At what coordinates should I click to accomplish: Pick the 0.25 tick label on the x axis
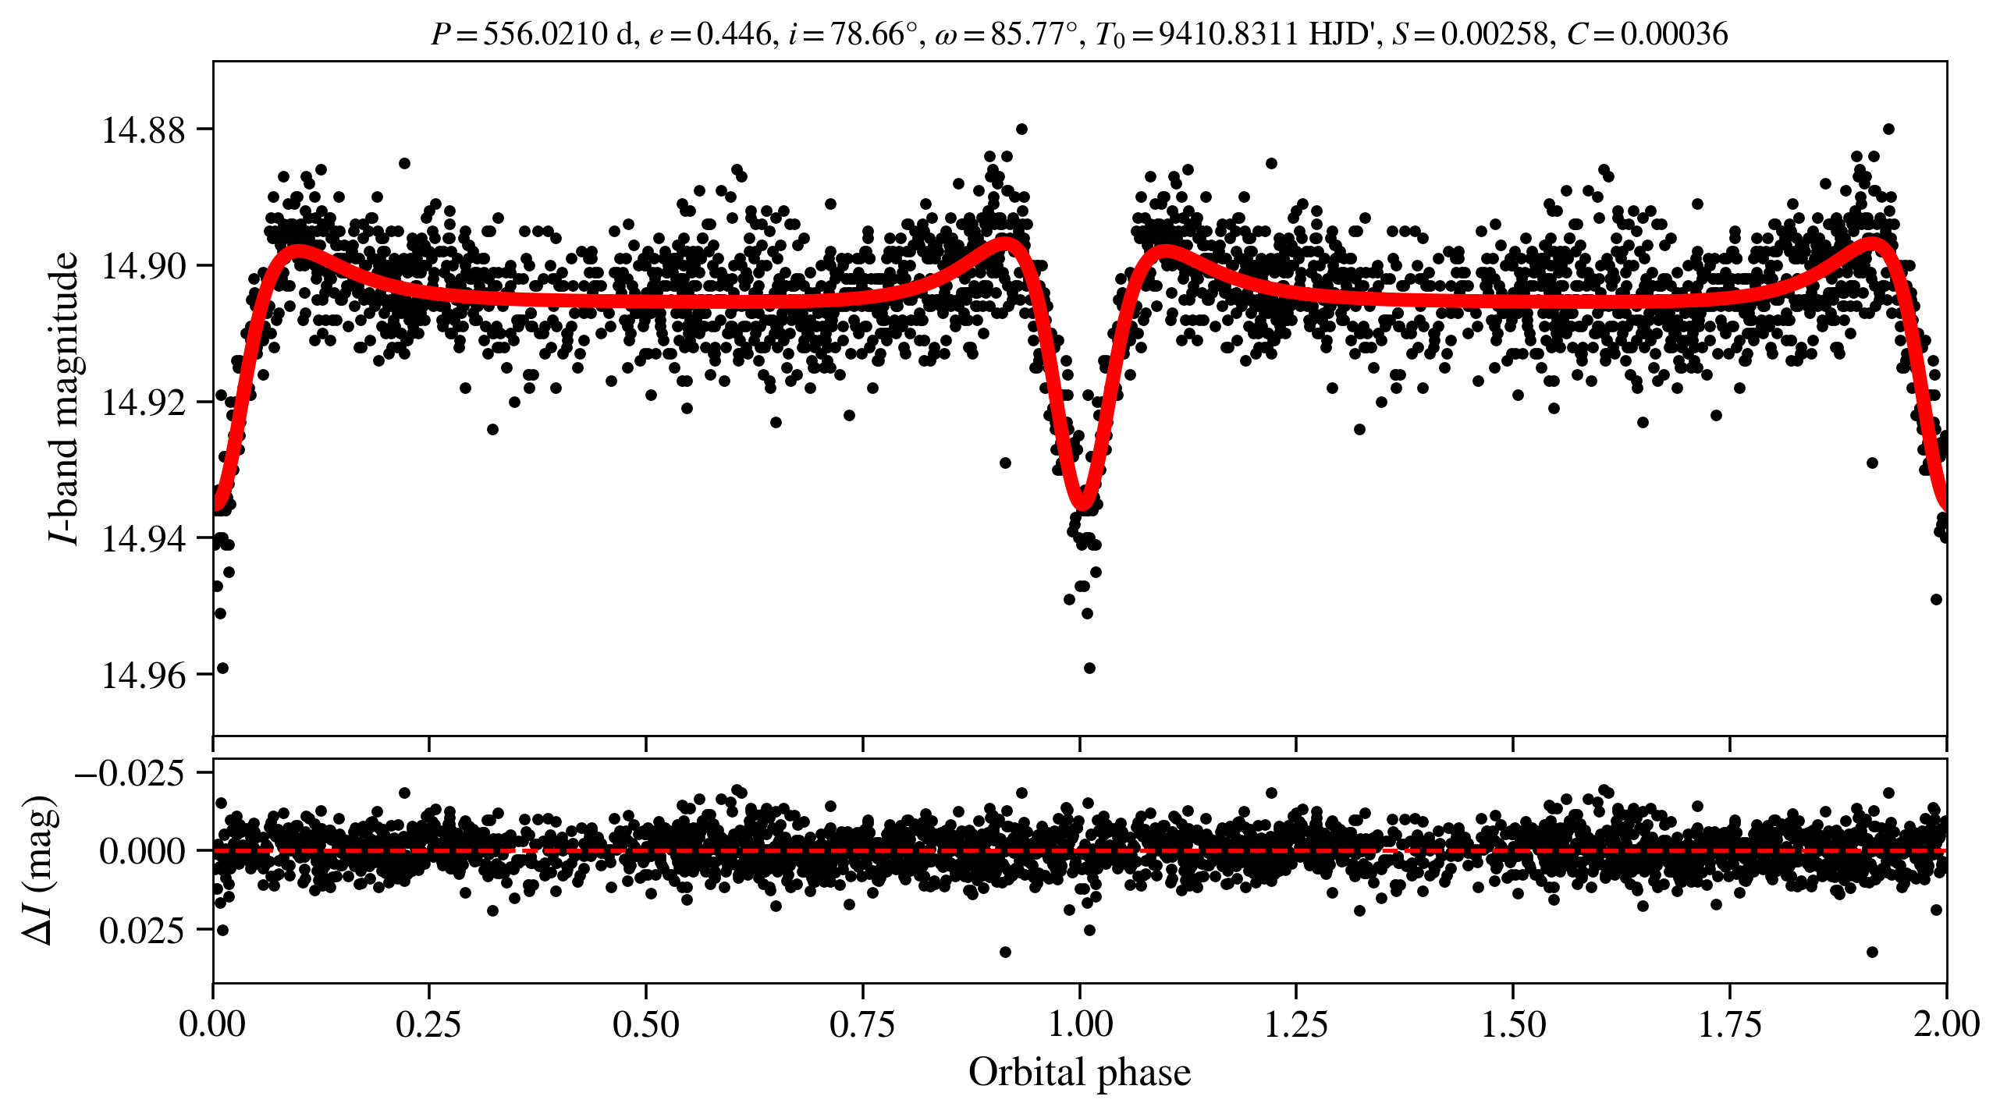coord(428,1024)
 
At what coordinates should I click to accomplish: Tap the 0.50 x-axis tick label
coord(645,1024)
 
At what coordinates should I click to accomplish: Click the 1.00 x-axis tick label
coord(1079,1024)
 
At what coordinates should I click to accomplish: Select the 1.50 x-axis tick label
coord(1513,1024)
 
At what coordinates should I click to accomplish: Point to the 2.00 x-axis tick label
coord(1946,1024)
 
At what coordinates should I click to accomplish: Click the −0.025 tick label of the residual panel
coord(130,774)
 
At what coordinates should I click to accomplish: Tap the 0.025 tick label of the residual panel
coord(142,930)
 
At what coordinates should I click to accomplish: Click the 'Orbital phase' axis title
coord(1079,1072)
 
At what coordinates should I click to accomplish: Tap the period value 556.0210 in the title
coord(545,34)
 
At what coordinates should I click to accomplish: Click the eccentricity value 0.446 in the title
coord(733,34)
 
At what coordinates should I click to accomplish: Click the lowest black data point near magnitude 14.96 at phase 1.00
coord(1089,668)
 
